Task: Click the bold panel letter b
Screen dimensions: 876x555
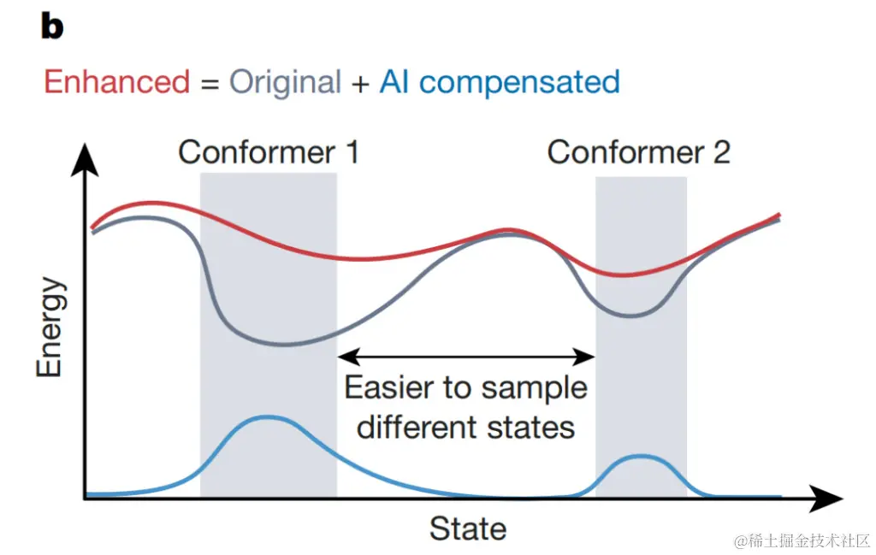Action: [x=52, y=27]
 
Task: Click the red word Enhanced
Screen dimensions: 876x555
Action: [x=116, y=82]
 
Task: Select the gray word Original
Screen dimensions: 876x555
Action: [x=285, y=82]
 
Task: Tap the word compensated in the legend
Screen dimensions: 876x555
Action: [x=519, y=83]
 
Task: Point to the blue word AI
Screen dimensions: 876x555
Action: [x=394, y=82]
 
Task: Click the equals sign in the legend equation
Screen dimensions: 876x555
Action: [x=210, y=83]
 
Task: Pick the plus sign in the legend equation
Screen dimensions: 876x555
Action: [x=360, y=83]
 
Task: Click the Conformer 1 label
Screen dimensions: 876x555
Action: [x=268, y=152]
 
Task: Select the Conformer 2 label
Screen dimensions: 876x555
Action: [x=638, y=152]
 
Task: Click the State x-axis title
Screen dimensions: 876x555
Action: [x=467, y=528]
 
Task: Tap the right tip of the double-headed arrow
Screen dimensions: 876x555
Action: [x=591, y=354]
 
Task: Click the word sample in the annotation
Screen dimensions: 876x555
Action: [x=535, y=388]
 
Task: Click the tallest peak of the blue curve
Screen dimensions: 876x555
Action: [x=268, y=416]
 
